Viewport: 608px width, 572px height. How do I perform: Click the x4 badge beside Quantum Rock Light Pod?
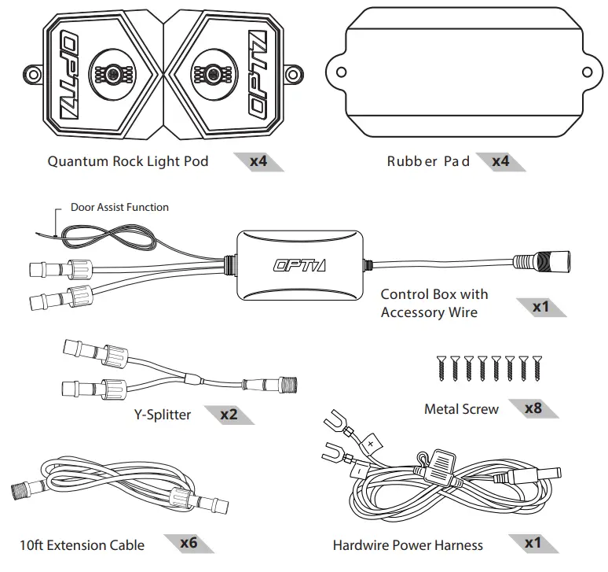pyautogui.click(x=258, y=162)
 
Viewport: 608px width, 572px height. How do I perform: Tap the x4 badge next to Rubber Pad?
pyautogui.click(x=500, y=162)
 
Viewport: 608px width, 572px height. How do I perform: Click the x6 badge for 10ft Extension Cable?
pyautogui.click(x=189, y=543)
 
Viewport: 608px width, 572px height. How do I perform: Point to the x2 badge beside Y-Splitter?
pyautogui.click(x=229, y=414)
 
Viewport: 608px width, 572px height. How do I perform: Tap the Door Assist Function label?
pyautogui.click(x=119, y=208)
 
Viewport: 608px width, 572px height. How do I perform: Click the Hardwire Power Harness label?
pyautogui.click(x=408, y=544)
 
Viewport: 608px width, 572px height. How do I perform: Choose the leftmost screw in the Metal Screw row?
pyautogui.click(x=441, y=367)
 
